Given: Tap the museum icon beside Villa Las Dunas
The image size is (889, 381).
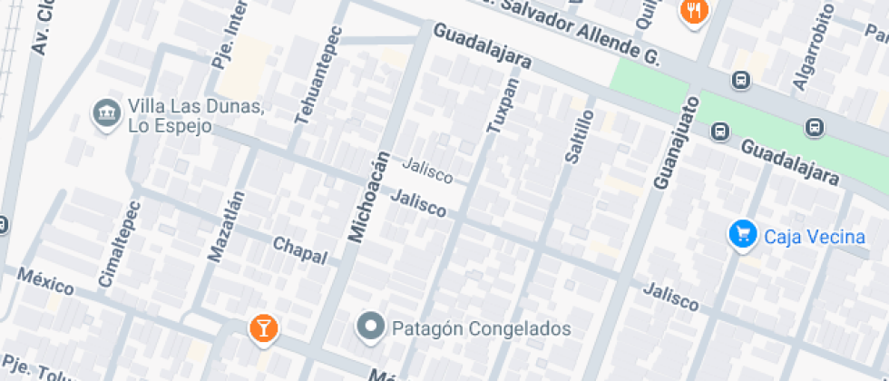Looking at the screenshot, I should tap(107, 113).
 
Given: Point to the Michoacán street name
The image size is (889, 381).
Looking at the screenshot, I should tap(368, 197).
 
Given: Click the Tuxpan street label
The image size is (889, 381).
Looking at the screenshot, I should tap(503, 106).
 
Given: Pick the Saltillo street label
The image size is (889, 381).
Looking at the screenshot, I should tap(579, 136).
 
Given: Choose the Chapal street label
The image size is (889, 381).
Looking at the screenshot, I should tap(299, 250).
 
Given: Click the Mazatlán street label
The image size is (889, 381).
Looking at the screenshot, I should tap(227, 226).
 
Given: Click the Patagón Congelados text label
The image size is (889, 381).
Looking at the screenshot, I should tap(482, 328).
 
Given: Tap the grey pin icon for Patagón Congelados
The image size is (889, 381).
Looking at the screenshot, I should tap(370, 327).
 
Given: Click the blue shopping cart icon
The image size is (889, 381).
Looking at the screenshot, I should tap(742, 235).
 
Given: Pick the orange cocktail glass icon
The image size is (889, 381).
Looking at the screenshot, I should tap(263, 328).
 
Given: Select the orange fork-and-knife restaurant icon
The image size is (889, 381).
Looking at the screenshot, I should tap(695, 11).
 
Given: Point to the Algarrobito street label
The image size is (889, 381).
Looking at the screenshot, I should tap(813, 46).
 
